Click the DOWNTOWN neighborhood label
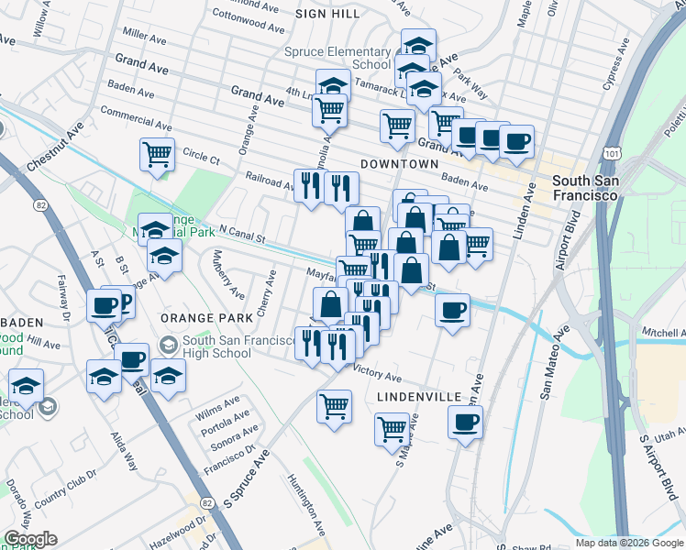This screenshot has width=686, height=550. click(x=399, y=163)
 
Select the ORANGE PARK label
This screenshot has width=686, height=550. click(x=206, y=317)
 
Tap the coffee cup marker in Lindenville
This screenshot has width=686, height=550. click(x=466, y=422)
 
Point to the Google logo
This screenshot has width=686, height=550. click(x=30, y=539)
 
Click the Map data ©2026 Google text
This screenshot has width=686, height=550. click(x=628, y=543)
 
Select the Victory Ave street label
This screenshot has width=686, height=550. click(x=378, y=375)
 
